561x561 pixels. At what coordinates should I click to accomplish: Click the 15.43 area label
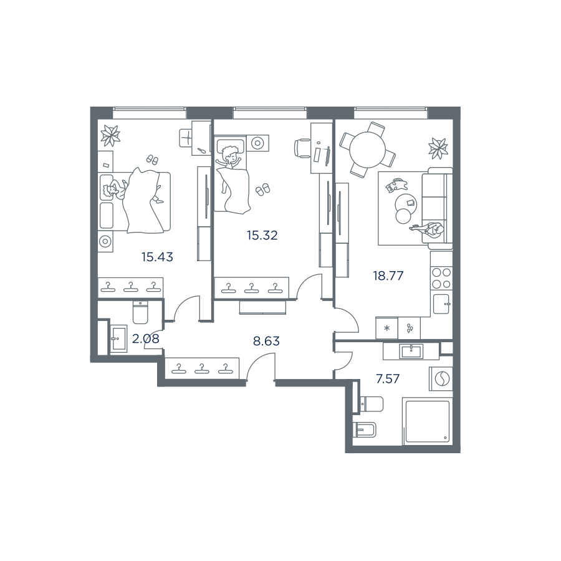(x=157, y=257)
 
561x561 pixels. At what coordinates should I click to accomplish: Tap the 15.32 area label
(x=262, y=236)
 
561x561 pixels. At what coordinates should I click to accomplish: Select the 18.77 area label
(x=388, y=276)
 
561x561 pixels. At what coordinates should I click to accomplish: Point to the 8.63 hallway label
(x=266, y=341)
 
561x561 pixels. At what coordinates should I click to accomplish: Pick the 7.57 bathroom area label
(x=388, y=378)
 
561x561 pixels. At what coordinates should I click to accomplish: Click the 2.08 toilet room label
(x=146, y=338)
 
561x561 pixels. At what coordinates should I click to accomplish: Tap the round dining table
(x=367, y=150)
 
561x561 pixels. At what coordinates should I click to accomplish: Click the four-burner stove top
(x=441, y=279)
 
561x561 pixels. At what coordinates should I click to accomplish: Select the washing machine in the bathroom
(x=441, y=379)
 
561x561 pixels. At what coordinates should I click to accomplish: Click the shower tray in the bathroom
(x=427, y=421)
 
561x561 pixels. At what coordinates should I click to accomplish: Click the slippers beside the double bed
(x=153, y=159)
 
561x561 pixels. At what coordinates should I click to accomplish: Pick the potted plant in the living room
(x=438, y=148)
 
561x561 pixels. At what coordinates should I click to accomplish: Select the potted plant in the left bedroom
(x=110, y=135)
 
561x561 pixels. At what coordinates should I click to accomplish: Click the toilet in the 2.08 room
(x=140, y=312)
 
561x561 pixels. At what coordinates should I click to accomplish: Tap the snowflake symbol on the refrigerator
(x=386, y=328)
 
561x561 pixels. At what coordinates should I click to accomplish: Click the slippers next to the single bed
(x=262, y=189)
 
